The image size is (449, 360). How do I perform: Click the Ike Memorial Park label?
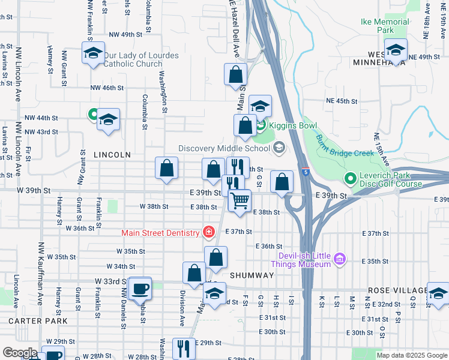[385, 26]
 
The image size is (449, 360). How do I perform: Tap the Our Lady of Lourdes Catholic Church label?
[141, 59]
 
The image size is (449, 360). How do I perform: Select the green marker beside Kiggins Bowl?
[261, 126]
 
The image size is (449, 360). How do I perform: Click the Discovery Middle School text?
[224, 148]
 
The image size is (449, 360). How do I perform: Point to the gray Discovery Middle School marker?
[279, 148]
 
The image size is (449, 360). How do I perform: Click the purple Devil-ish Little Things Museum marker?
[340, 259]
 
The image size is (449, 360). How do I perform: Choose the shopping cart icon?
[240, 200]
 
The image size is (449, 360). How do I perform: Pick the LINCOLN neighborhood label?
[112, 155]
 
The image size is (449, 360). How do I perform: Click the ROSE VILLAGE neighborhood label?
[397, 290]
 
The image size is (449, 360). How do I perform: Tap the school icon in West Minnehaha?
[396, 51]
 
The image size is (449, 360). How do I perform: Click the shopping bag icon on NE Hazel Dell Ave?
[236, 75]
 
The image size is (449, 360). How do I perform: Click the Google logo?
[20, 353]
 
